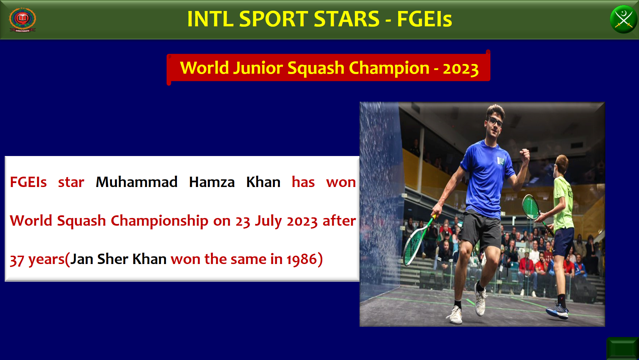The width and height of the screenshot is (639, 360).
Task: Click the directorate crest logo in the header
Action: (22, 20)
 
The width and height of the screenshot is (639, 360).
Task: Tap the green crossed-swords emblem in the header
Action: (623, 19)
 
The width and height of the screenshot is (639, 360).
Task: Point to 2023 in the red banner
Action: (461, 69)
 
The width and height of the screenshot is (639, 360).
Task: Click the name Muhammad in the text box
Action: (137, 182)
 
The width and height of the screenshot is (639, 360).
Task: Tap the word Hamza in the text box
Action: (212, 182)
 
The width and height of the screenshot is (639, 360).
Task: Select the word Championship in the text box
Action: (160, 221)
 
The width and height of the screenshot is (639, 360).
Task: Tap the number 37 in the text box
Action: (17, 260)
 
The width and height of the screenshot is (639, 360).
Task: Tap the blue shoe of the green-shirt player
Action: (557, 310)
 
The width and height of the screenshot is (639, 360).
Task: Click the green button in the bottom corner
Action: (622, 348)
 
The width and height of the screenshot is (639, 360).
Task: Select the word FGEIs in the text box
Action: (28, 182)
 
